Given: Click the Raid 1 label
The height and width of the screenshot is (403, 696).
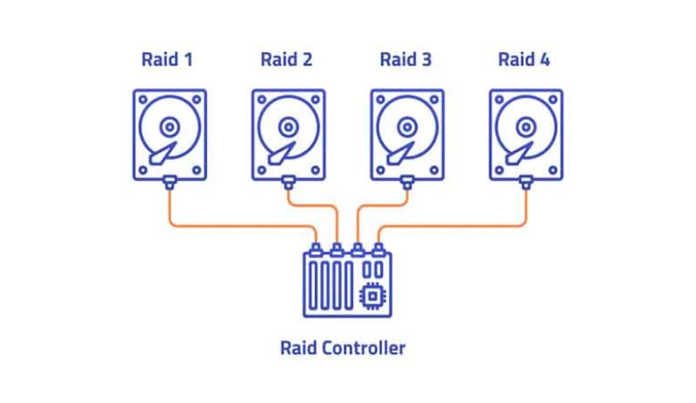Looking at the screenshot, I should (x=167, y=60).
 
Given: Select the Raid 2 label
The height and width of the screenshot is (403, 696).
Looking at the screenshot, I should (x=286, y=60).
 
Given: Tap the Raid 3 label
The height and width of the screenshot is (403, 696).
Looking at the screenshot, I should (x=405, y=60).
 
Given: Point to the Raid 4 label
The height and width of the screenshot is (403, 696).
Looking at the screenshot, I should (x=525, y=60).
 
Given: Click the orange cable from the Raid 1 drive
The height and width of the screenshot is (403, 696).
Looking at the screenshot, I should (x=235, y=226).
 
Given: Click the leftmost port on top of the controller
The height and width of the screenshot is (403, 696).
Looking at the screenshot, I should (x=317, y=248).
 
